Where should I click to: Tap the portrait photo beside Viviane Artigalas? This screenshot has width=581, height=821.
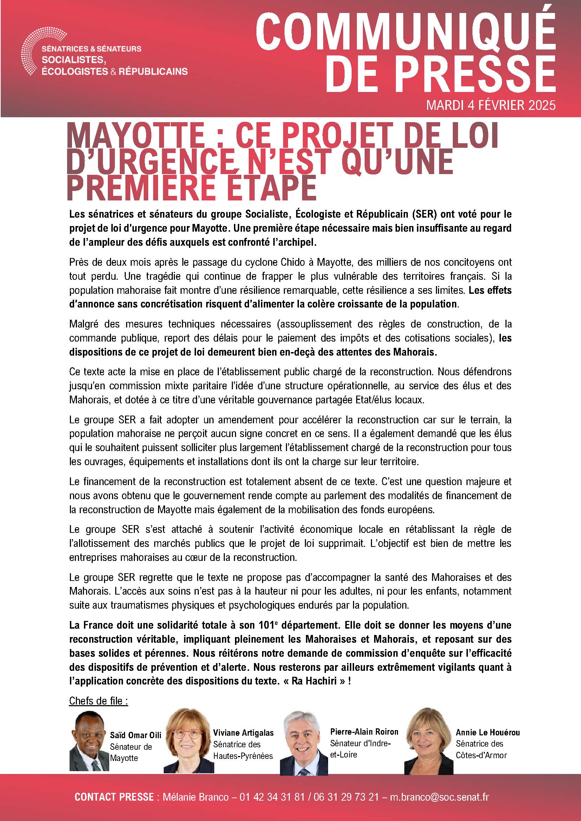pos(189,743)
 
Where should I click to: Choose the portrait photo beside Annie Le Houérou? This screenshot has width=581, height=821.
pos(428,743)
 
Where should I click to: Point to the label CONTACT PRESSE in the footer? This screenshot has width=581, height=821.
pos(114,797)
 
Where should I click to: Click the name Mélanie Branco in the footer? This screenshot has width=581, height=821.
pos(196,797)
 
